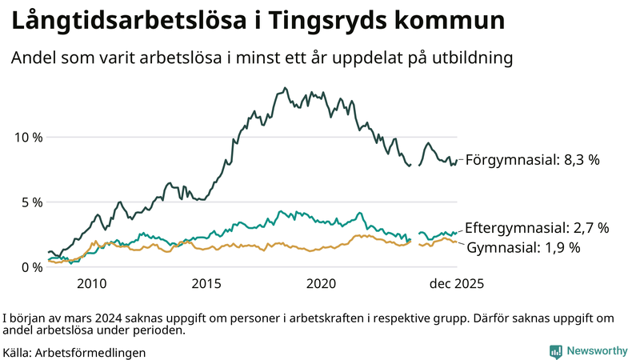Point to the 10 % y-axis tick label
tap(28, 137)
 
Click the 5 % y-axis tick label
tap(32, 202)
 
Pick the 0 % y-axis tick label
tap(32, 267)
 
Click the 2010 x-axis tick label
tap(91, 284)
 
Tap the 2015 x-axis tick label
tap(206, 284)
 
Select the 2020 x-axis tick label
tap(322, 284)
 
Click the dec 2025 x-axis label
tap(458, 284)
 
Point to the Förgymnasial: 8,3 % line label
tap(533, 160)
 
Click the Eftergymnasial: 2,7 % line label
tap(537, 228)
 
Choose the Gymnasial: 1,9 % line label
tap(523, 247)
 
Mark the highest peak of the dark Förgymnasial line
tap(285, 89)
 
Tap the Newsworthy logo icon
tap(555, 351)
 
